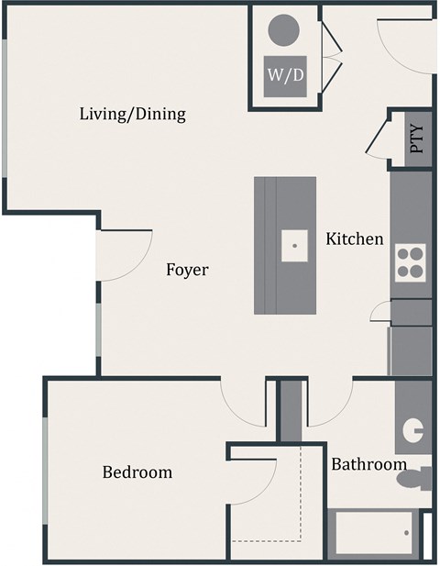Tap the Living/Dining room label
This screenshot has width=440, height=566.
pyautogui.click(x=133, y=115)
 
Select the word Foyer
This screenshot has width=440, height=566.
pyautogui.click(x=187, y=270)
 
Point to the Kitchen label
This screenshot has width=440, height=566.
pyautogui.click(x=355, y=239)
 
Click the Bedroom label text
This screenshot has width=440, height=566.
pyautogui.click(x=137, y=472)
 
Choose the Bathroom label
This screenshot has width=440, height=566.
pyautogui.click(x=368, y=464)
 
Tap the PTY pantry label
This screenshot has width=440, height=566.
pyautogui.click(x=417, y=139)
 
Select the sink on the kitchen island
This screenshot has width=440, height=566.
pyautogui.click(x=295, y=244)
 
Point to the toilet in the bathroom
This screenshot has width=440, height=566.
pyautogui.click(x=418, y=478)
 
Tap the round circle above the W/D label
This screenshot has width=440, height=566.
pyautogui.click(x=285, y=30)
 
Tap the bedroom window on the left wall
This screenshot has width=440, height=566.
pyautogui.click(x=45, y=472)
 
